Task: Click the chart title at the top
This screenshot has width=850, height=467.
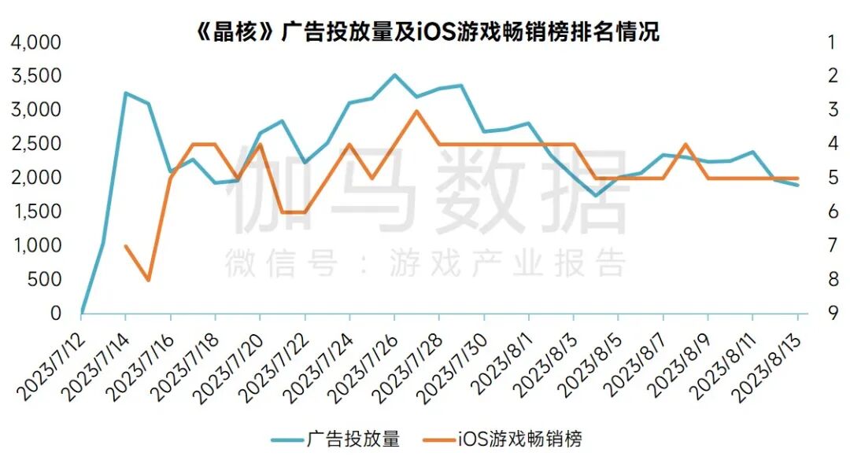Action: click(426, 31)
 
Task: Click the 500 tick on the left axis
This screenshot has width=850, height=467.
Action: click(46, 279)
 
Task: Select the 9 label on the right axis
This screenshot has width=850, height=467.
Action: click(833, 313)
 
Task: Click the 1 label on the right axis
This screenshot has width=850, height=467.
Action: click(833, 42)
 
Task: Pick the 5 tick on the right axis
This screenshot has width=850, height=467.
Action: click(833, 178)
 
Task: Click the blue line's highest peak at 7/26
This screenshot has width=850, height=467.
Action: click(395, 75)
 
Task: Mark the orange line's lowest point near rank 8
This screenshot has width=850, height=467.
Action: click(148, 280)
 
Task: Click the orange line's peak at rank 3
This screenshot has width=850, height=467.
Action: click(417, 110)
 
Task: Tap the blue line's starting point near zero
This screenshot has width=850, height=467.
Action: click(82, 312)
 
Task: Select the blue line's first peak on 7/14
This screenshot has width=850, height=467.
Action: click(126, 93)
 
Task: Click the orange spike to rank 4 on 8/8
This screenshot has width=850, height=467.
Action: click(686, 144)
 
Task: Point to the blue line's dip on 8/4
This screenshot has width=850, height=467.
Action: click(597, 196)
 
